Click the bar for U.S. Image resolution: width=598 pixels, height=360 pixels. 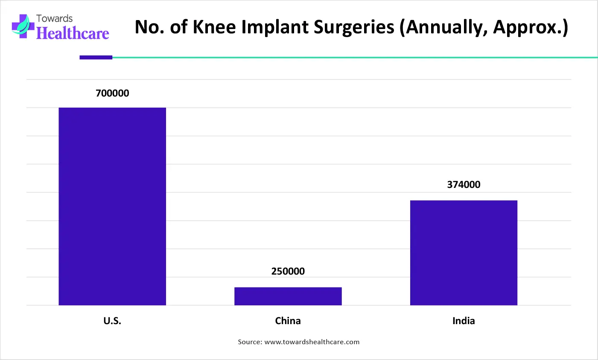point(112,206)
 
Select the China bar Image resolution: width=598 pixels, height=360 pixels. point(288,296)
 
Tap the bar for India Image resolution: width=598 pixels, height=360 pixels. point(464,253)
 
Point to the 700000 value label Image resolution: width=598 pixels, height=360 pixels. point(112,93)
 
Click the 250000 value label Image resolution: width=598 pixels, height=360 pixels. point(288,271)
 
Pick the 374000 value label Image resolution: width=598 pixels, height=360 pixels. point(464,184)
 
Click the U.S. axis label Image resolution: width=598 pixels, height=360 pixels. point(112,321)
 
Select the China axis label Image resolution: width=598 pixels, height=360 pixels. point(288,321)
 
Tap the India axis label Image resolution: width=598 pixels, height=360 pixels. point(464,321)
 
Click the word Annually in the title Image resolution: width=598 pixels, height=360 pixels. point(444,28)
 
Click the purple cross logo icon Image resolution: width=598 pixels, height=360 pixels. point(23,26)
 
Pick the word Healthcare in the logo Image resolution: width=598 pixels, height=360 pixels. point(73,33)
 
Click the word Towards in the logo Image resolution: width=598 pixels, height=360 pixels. point(54,18)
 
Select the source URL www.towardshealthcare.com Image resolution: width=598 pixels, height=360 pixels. point(312,342)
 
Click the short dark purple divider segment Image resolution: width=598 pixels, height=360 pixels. point(96,57)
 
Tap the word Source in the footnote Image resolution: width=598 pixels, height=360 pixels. point(249,342)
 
